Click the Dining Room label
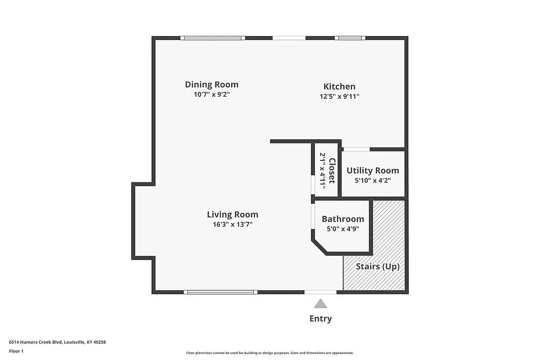click(211, 85)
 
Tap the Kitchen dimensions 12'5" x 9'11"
click(339, 97)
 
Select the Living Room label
click(232, 214)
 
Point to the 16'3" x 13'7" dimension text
click(232, 225)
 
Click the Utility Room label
click(373, 171)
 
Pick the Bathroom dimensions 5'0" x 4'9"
click(343, 229)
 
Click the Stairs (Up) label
click(377, 267)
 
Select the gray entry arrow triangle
click(321, 303)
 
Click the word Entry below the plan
click(320, 318)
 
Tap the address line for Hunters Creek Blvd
click(57, 342)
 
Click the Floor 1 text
click(16, 351)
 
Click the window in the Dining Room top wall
click(212, 38)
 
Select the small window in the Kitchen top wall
click(349, 38)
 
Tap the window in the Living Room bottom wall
click(220, 292)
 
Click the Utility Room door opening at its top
click(356, 149)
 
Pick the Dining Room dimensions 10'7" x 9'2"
click(211, 94)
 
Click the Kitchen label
click(339, 86)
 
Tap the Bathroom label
click(343, 219)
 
